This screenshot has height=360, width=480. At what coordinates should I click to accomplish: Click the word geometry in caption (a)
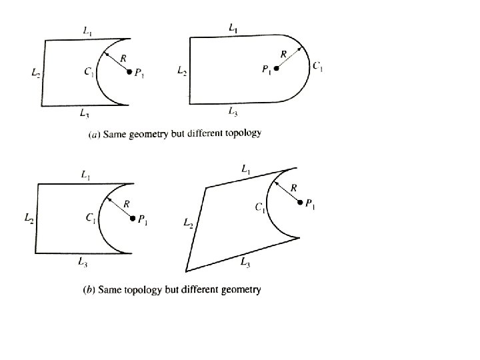coord(148,133)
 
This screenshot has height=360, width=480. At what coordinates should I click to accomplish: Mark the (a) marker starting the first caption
coord(95,135)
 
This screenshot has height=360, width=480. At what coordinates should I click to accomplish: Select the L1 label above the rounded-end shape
coord(233,28)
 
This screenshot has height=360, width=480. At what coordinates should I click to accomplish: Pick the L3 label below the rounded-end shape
coord(233,111)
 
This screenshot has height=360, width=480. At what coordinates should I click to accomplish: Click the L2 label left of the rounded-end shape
coord(181,69)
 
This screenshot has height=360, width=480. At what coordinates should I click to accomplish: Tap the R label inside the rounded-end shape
coord(284,53)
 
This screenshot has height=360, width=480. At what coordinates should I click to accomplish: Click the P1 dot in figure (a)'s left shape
coord(130,72)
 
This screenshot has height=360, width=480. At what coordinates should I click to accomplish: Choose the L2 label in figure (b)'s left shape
coord(29,218)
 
